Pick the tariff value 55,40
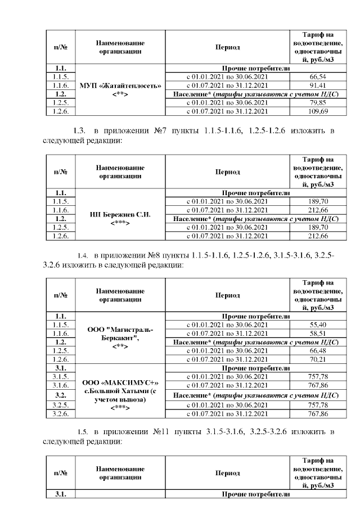point(318,325)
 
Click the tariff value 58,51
point(318,333)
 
